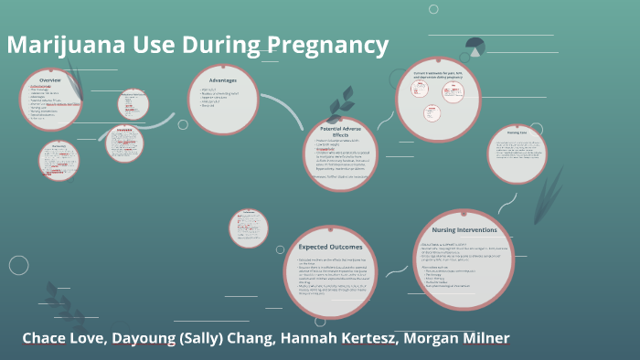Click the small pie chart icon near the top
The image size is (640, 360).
[475, 47]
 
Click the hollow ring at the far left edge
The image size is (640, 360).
[18, 265]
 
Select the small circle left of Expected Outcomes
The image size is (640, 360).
[248, 228]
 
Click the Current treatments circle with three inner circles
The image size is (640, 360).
[437, 99]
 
